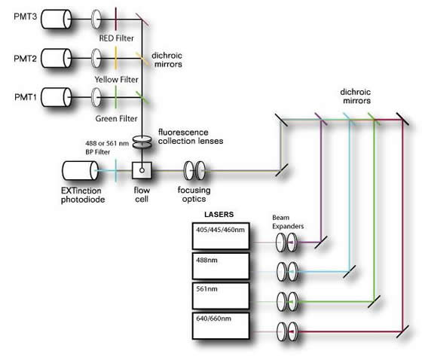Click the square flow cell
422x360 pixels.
click(x=141, y=170)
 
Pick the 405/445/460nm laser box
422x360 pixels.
click(x=219, y=236)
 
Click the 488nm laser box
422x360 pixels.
click(x=219, y=266)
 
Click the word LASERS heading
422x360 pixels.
click(x=209, y=214)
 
